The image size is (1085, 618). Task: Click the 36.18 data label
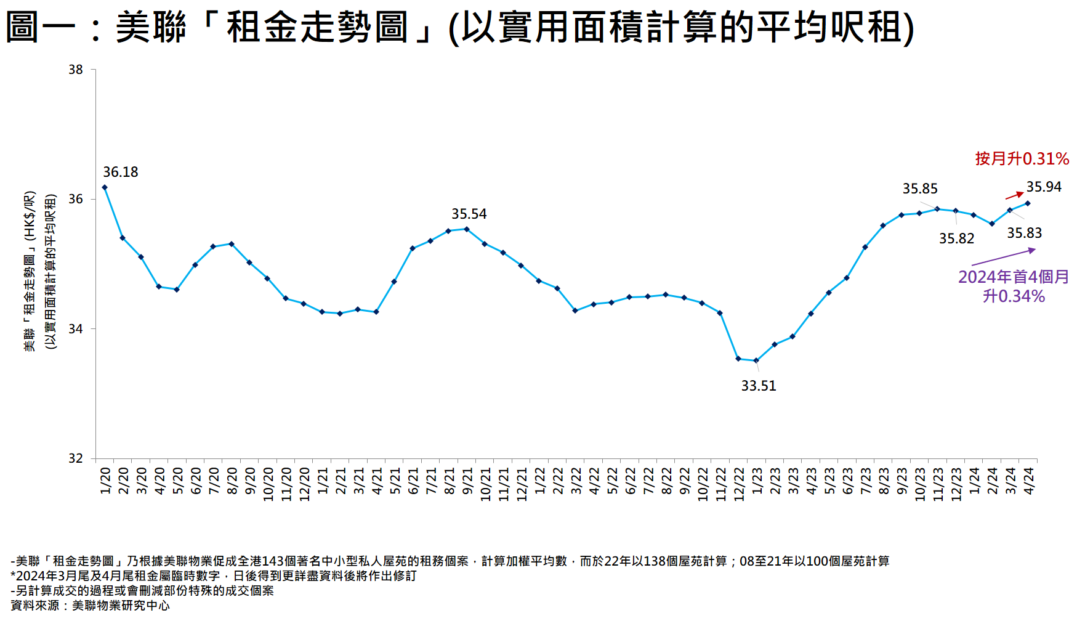tap(120, 172)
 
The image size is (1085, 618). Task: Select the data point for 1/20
tap(105, 187)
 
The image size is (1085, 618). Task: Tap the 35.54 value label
tap(469, 214)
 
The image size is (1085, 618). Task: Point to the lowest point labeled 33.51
tap(756, 360)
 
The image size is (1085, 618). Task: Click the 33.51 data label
tap(759, 386)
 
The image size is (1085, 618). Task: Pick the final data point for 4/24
tap(1027, 203)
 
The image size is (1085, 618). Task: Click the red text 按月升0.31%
tap(1022, 158)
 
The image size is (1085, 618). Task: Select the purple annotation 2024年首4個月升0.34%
tap(1014, 287)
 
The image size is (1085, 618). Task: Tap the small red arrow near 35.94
tap(1014, 195)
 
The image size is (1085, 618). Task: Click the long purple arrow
tap(1003, 257)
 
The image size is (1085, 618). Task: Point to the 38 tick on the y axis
tap(76, 70)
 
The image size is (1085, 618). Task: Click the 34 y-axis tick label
tap(76, 329)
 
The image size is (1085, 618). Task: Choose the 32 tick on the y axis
tap(76, 458)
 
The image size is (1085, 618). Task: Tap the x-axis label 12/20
tap(304, 484)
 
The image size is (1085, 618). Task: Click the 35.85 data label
tap(920, 189)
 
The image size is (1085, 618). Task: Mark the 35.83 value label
tap(1024, 233)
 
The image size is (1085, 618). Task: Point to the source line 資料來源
tap(90, 606)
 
